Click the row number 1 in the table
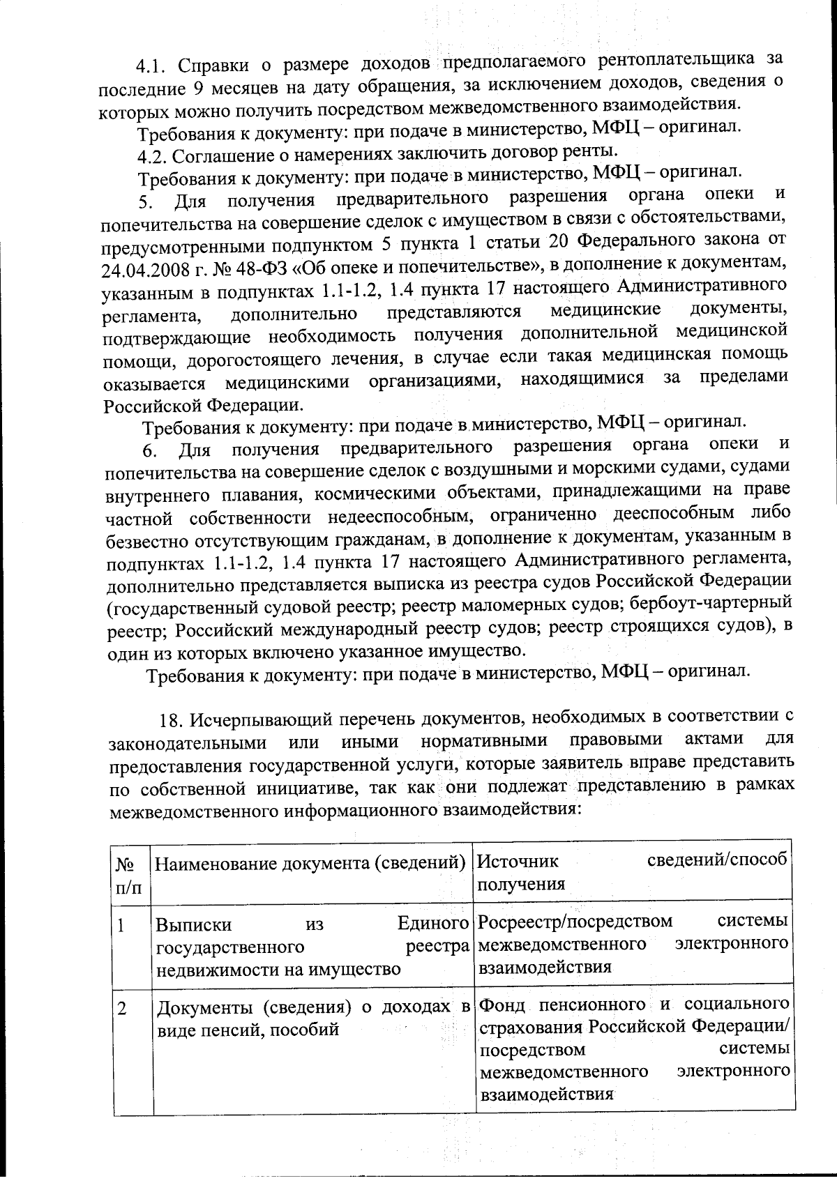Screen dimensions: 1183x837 point(121,926)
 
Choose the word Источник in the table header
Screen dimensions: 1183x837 point(518,861)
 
